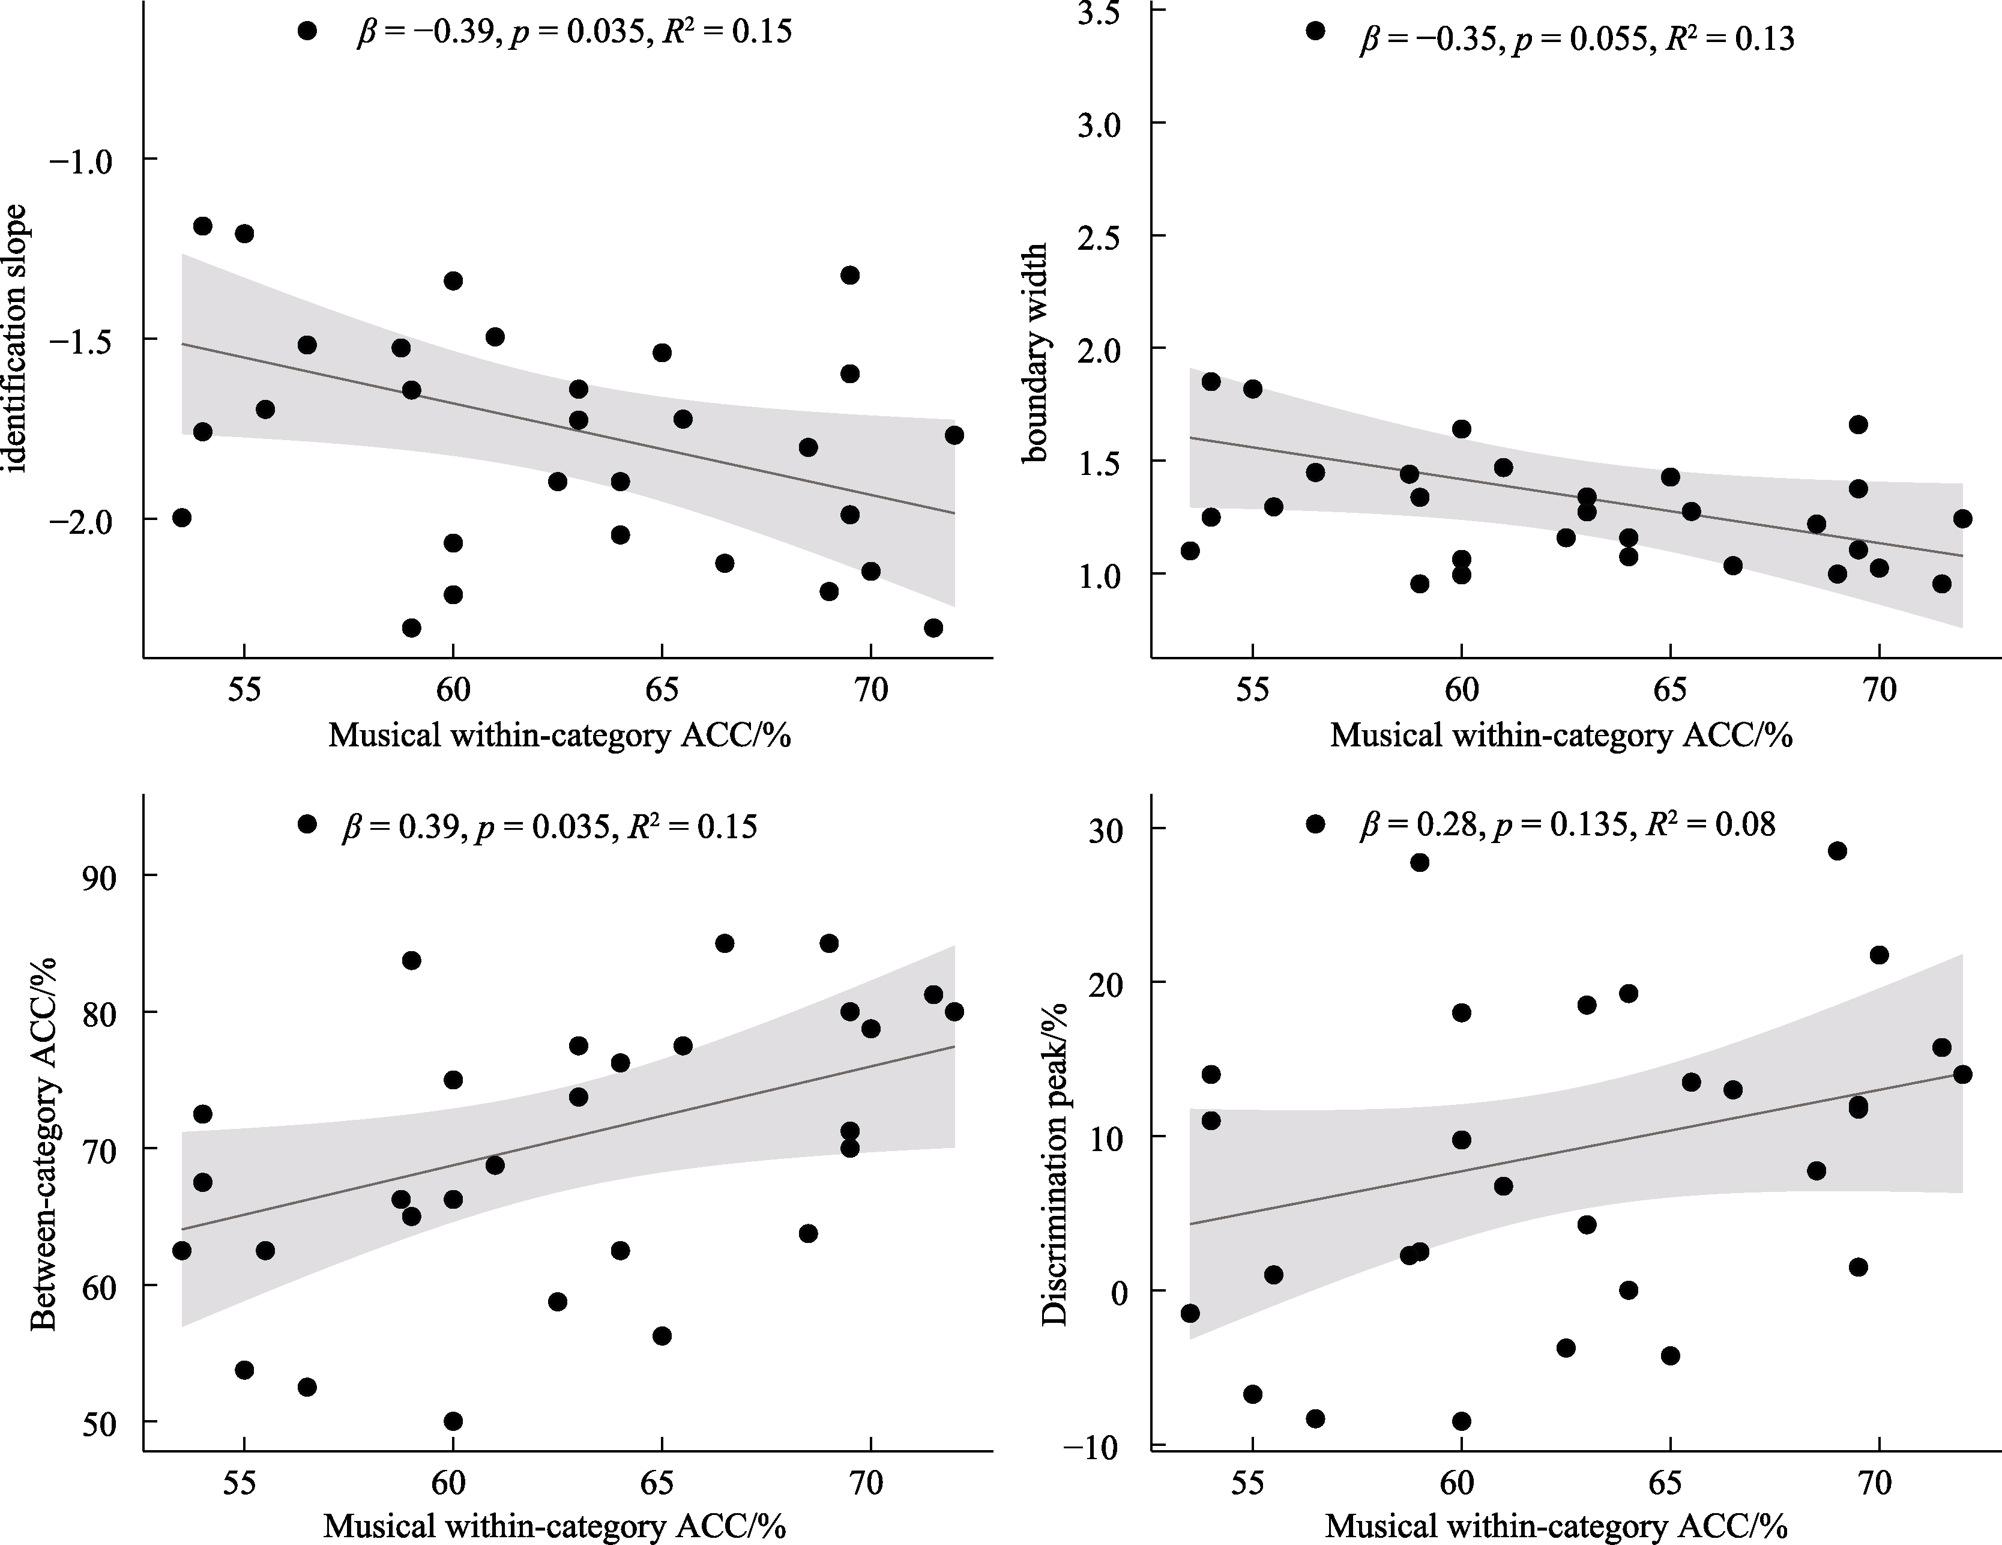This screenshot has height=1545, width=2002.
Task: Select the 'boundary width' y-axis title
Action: (x=1036, y=353)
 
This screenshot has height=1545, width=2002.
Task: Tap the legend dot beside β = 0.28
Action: (x=1315, y=824)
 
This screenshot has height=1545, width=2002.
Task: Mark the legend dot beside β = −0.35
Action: (x=1315, y=31)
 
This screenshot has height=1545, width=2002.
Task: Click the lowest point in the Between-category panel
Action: (x=453, y=1421)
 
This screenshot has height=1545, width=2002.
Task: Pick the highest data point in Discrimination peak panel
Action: (x=1837, y=851)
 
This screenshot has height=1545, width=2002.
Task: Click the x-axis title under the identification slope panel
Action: (x=559, y=736)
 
